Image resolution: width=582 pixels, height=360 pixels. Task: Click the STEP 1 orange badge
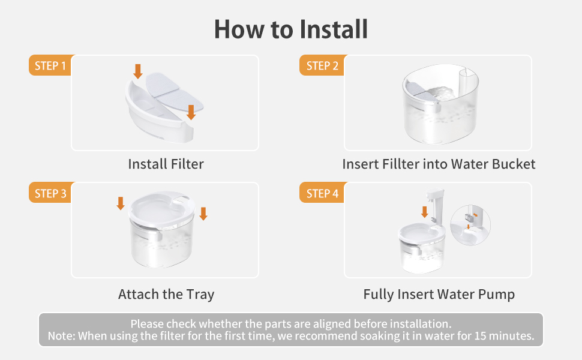click(x=50, y=65)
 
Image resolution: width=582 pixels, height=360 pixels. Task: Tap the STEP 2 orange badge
click(x=322, y=65)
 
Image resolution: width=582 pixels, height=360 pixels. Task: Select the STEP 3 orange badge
click(x=50, y=193)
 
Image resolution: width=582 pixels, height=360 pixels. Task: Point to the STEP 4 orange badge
click(x=322, y=193)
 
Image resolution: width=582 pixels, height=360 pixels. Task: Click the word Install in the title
click(x=334, y=29)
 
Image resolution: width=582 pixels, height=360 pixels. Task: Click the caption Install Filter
click(x=166, y=164)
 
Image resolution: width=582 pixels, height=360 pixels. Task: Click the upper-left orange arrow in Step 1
click(x=138, y=71)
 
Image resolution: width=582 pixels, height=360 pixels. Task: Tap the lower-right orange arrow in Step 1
click(x=191, y=112)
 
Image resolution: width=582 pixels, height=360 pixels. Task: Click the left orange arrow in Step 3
click(x=120, y=203)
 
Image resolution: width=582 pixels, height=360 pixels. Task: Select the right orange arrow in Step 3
click(x=203, y=214)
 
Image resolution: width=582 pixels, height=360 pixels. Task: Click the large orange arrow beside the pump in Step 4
click(x=425, y=212)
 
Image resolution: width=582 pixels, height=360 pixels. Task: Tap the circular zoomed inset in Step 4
click(x=470, y=225)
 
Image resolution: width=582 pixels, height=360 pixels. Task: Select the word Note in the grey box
click(x=61, y=336)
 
